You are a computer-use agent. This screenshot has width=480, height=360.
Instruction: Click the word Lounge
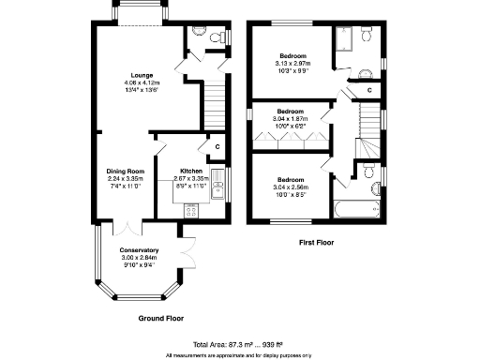click(x=142, y=75)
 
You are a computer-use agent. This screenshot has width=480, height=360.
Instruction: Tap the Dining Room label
click(x=125, y=171)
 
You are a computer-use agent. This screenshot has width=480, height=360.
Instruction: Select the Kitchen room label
click(x=191, y=171)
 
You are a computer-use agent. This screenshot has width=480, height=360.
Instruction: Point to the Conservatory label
click(x=138, y=250)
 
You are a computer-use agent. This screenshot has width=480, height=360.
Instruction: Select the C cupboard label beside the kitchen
click(x=217, y=146)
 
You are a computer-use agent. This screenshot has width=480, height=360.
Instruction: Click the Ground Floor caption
click(x=161, y=319)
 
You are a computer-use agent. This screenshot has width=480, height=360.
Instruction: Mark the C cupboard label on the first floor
click(x=370, y=90)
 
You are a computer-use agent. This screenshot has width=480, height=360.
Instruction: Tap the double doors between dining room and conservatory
click(x=127, y=227)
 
